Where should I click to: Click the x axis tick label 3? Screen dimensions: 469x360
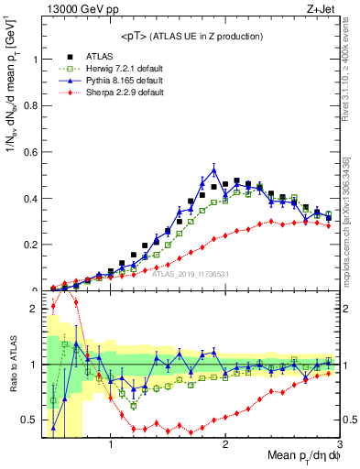(338, 445)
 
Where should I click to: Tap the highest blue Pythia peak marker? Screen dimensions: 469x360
(214, 169)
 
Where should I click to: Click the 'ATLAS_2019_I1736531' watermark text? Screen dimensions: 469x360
(190, 273)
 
